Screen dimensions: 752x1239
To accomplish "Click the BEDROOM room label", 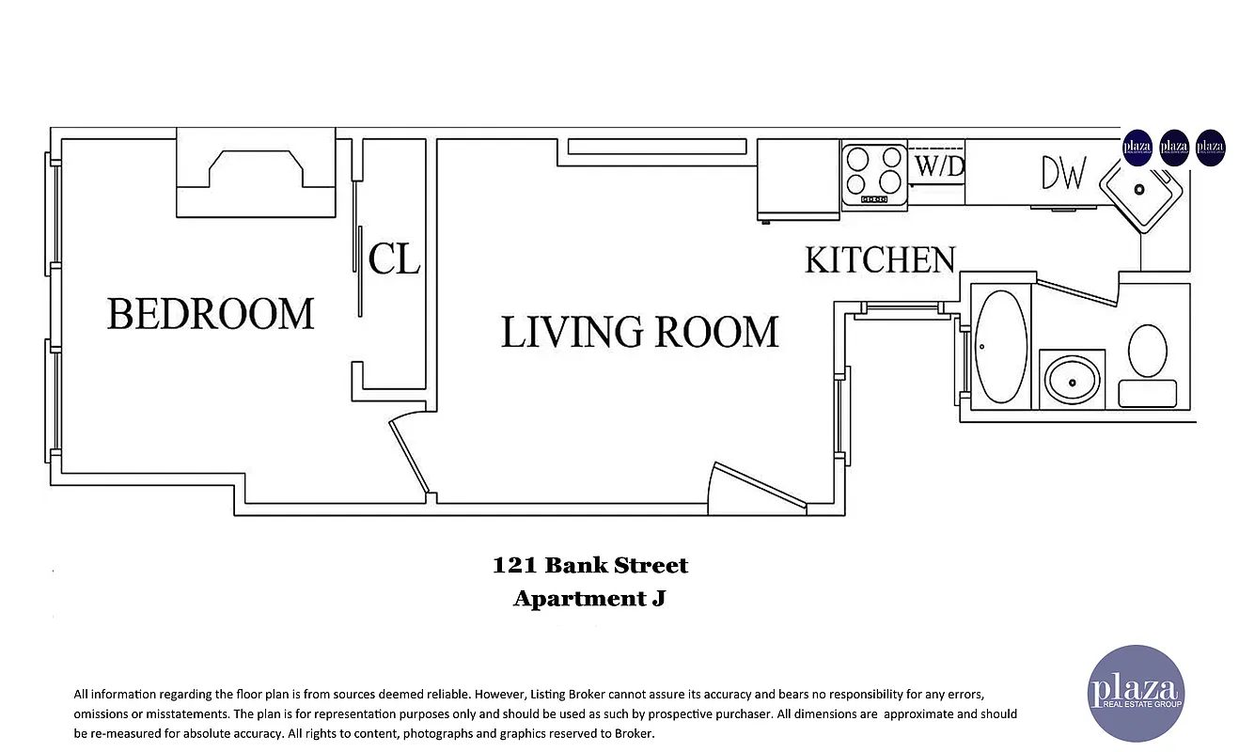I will tap(210, 314).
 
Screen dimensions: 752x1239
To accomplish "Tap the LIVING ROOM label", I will tap(639, 333).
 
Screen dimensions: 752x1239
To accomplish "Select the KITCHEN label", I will tap(880, 260).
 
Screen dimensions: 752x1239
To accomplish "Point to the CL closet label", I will tap(394, 259).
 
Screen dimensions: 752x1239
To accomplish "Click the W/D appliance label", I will tap(939, 167).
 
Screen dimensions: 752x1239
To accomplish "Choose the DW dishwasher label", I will tap(1064, 174).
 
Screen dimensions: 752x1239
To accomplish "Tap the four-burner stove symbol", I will tap(873, 173).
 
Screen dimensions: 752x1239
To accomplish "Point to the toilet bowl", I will tap(1147, 352).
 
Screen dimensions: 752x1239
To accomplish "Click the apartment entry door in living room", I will tap(758, 485).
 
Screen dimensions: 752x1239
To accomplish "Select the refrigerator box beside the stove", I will tap(798, 180).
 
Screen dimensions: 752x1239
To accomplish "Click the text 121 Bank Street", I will tap(589, 566).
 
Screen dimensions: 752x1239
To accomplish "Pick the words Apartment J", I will tap(589, 598).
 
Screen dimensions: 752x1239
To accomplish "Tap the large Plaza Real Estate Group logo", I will tap(1135, 693).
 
